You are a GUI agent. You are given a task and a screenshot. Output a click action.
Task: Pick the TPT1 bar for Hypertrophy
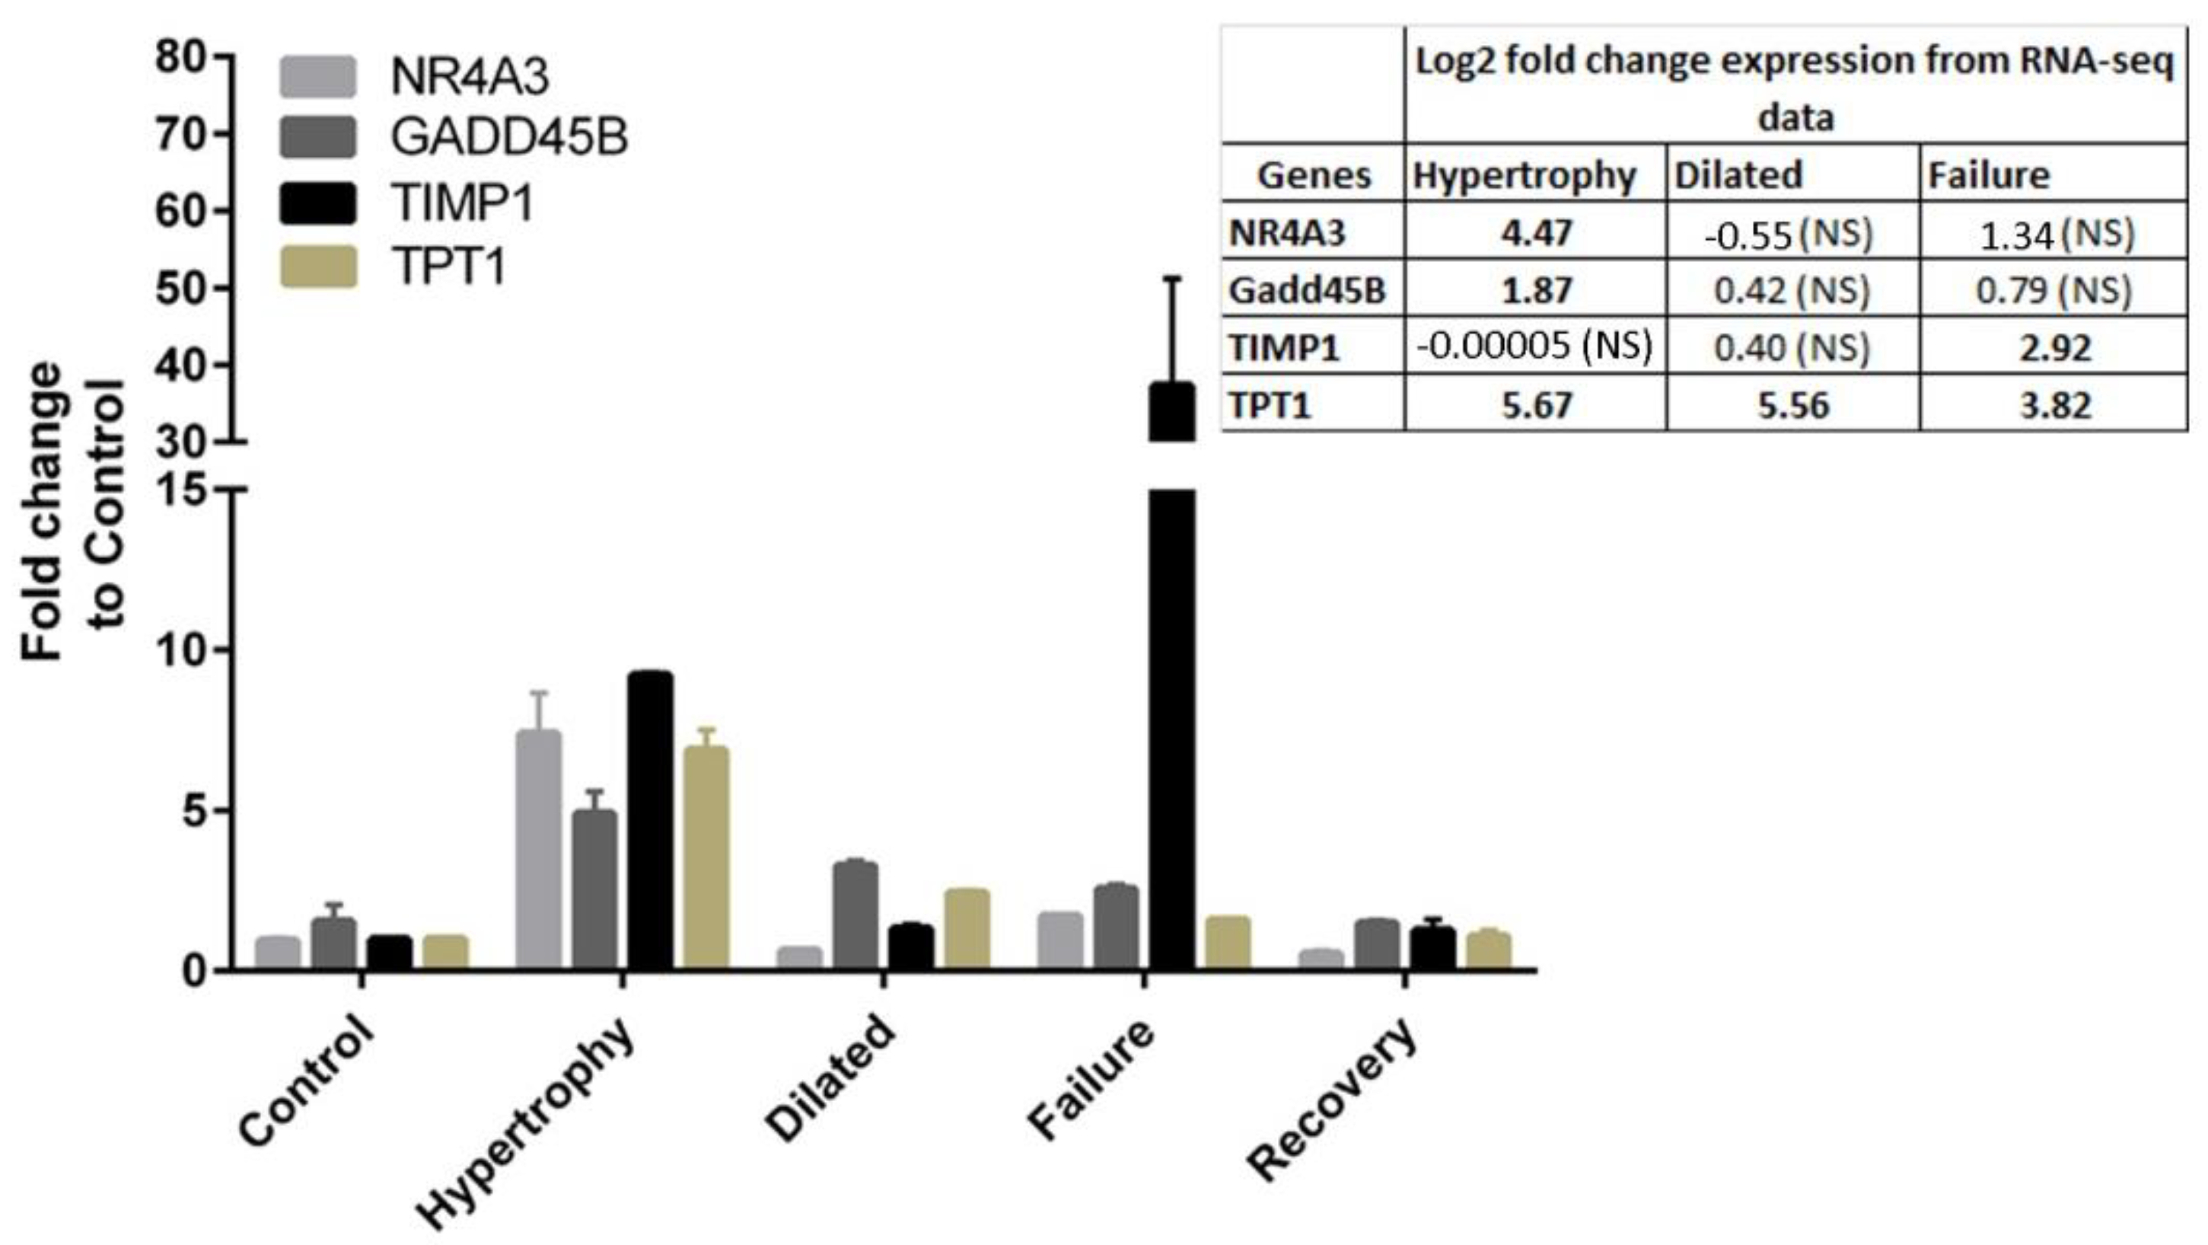pos(706,857)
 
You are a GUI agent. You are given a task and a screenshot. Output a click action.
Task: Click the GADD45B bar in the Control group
pos(333,943)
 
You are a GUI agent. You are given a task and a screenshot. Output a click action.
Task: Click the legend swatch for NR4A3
pos(318,77)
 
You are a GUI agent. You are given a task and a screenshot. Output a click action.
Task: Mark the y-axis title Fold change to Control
pos(73,511)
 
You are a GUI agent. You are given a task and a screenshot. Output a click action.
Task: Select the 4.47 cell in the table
pos(1536,232)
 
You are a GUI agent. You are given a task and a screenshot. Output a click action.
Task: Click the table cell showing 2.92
pos(2054,347)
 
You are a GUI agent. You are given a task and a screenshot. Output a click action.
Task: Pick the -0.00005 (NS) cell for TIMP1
pos(1534,346)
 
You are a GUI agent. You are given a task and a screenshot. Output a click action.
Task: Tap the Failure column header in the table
pos(1989,175)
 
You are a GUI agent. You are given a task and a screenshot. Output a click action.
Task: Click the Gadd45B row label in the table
pos(1307,290)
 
